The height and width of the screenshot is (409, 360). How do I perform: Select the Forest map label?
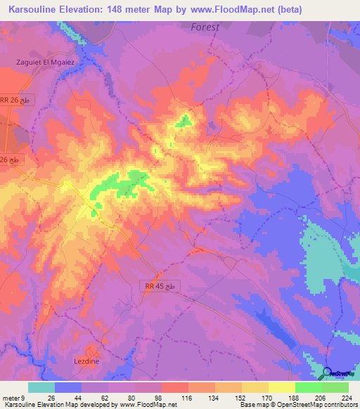coord(205,27)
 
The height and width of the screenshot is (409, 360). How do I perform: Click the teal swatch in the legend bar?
coord(41,387)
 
